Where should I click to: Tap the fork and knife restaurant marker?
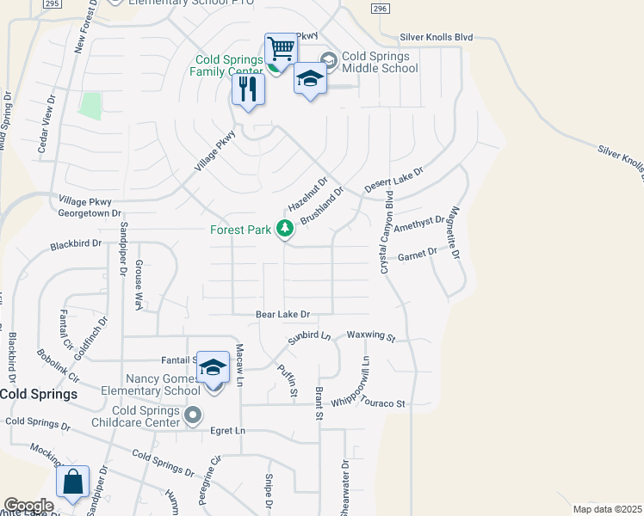tap(248, 89)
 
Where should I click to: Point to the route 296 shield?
tap(379, 8)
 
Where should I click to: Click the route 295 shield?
tap(52, 3)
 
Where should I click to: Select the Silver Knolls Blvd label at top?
tap(437, 38)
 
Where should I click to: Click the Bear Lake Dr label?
tap(282, 316)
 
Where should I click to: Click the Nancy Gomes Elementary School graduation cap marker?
tap(213, 368)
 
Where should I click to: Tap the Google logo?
tap(28, 506)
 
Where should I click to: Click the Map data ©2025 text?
tap(608, 509)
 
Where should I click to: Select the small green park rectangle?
tap(90, 105)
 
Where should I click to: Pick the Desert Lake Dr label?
tap(394, 180)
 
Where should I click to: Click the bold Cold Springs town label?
tap(38, 394)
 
